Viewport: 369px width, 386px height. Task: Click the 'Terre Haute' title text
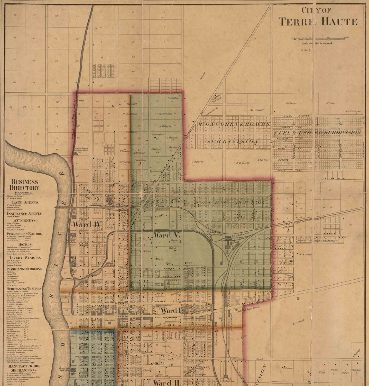coord(318,21)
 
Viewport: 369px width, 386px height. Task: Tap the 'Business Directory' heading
coord(24,185)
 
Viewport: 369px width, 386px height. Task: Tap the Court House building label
coord(110,320)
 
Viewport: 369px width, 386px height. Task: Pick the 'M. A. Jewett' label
coord(305,254)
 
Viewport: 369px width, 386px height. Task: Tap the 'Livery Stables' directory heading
coord(25,258)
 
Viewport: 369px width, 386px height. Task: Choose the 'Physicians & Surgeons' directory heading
coord(24,269)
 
